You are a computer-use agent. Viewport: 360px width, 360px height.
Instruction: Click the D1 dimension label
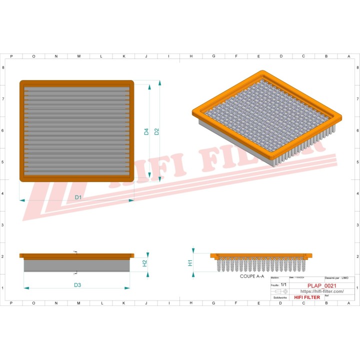pos(78,197)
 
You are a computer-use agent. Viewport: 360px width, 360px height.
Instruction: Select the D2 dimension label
pos(156,131)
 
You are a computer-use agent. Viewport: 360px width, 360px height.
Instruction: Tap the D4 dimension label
pos(146,132)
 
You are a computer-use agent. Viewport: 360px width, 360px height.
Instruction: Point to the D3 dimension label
pos(77,285)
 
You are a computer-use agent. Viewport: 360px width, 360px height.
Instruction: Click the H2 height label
pos(145,262)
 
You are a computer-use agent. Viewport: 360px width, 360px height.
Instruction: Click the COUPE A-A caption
pos(252,276)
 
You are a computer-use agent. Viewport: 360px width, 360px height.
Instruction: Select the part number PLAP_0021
pos(321,285)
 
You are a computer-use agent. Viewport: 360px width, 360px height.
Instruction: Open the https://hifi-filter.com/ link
pos(321,291)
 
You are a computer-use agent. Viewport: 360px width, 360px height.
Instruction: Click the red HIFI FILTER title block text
pos(307,297)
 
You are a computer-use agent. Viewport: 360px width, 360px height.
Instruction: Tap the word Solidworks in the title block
pos(280,297)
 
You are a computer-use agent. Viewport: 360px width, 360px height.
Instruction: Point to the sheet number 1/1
pos(283,284)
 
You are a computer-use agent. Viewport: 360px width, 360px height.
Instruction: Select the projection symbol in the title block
pos(280,291)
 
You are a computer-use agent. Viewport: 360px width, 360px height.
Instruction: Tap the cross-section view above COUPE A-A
pos(263,262)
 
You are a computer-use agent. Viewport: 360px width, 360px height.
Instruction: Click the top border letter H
pos(191,56)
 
